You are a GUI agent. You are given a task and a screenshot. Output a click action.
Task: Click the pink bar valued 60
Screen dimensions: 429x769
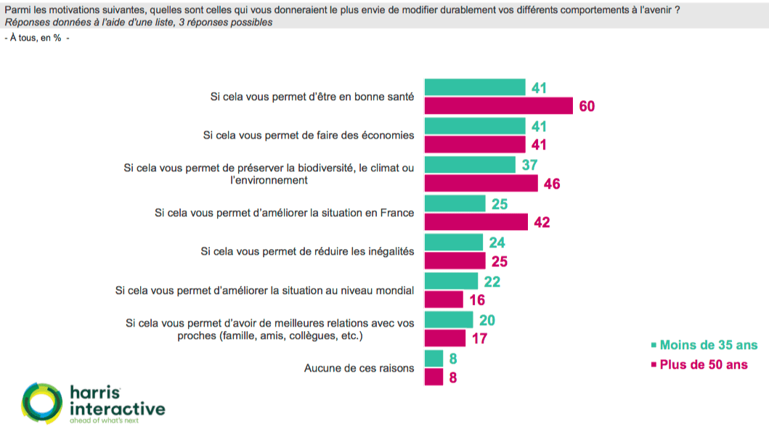point(498,106)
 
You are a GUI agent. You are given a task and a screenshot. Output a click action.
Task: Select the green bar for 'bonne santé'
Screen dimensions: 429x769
point(474,87)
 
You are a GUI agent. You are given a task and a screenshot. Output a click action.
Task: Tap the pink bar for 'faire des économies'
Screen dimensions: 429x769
point(474,144)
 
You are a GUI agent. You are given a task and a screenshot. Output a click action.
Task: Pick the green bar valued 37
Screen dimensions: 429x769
point(470,165)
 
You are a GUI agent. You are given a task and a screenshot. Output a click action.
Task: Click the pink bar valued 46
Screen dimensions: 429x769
point(480,184)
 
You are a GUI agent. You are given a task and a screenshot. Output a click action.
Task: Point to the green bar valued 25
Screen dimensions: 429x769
point(455,203)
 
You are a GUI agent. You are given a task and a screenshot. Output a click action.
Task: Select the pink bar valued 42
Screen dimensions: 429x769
point(476,222)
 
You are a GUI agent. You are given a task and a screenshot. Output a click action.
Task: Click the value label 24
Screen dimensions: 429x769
point(497,242)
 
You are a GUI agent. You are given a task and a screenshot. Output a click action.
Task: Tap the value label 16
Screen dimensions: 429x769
point(477,300)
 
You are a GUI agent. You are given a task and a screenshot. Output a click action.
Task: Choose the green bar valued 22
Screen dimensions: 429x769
point(451,281)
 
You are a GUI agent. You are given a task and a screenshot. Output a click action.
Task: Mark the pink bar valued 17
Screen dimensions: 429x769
point(444,338)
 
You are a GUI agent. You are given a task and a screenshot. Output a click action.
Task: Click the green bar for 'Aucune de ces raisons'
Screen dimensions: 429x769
point(434,358)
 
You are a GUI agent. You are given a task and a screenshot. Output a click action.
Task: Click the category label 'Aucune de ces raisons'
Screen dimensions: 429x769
point(359,368)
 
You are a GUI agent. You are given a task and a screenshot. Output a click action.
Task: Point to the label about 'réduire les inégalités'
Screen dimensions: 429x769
point(307,251)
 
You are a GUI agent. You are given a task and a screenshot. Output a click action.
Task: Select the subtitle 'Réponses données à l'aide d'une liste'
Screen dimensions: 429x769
point(138,23)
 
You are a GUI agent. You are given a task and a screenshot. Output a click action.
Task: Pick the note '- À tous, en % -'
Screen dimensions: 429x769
point(37,38)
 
